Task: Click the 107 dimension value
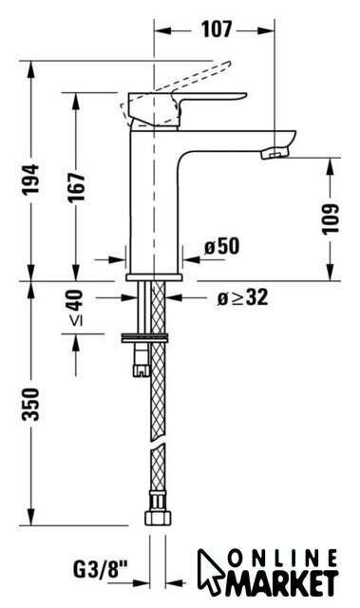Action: (x=217, y=29)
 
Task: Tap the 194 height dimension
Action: (x=30, y=179)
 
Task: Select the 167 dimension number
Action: (x=76, y=187)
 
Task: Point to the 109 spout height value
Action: (x=331, y=218)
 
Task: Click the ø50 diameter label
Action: (x=221, y=246)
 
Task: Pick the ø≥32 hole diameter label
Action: (x=242, y=297)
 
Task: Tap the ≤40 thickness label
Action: (x=76, y=307)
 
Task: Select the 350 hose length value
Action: (x=30, y=404)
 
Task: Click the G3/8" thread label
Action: (x=101, y=570)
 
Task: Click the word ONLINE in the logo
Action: (x=282, y=559)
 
